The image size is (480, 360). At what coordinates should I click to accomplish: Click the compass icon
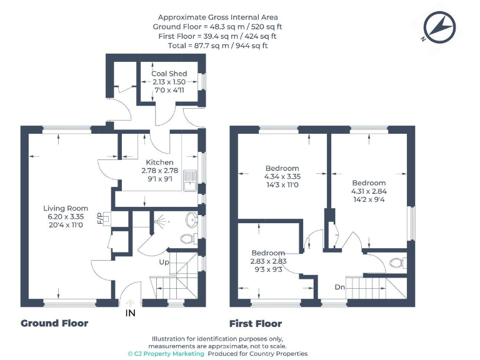(x=439, y=27)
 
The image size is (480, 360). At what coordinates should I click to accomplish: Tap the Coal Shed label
(x=169, y=74)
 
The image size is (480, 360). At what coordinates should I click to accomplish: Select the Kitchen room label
(x=159, y=162)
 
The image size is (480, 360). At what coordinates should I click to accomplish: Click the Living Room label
(x=66, y=208)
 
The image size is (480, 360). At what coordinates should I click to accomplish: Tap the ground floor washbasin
(x=192, y=220)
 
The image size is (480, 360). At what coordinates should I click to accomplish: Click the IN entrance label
(x=130, y=312)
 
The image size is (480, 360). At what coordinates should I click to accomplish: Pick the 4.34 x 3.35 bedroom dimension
(x=282, y=177)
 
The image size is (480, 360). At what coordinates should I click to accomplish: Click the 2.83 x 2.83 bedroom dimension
(x=267, y=261)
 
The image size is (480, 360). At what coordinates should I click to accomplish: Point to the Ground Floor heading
(x=54, y=323)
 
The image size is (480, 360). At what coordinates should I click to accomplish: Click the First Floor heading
(x=255, y=323)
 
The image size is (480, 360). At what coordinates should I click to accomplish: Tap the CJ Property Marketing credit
(x=166, y=354)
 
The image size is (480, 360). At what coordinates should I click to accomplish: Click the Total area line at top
(x=217, y=45)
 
